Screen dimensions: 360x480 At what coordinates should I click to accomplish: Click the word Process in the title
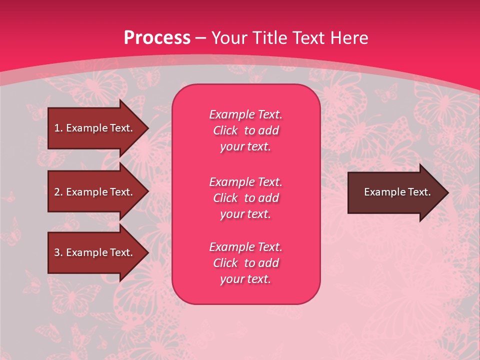coord(157,38)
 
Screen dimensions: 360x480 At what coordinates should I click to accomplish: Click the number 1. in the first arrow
coord(58,128)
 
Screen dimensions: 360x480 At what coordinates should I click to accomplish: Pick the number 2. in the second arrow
coord(58,192)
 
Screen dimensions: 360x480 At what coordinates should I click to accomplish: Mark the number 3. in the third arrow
coord(58,252)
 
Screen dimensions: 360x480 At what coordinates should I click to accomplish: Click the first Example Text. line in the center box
coord(245,114)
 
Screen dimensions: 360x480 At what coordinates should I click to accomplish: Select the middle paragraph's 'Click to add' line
coord(245,198)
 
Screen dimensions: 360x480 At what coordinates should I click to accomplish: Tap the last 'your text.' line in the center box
coord(245,279)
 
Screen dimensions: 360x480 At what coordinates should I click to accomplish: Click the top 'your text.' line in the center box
coord(245,147)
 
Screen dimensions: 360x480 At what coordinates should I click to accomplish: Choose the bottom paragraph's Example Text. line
coord(245,247)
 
